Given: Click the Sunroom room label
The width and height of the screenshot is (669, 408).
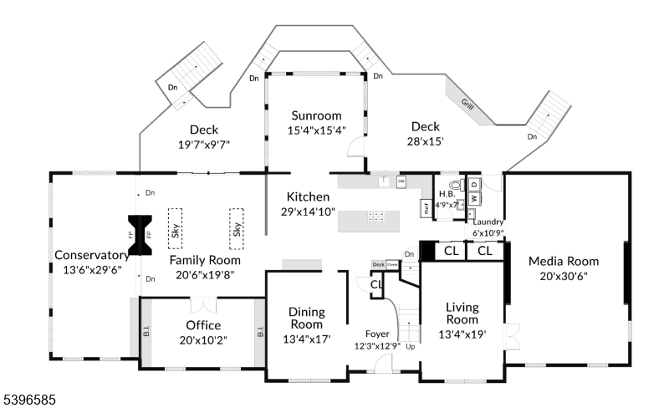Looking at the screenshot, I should click(x=317, y=115).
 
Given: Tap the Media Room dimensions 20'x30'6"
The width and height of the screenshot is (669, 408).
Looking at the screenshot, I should click(x=564, y=276).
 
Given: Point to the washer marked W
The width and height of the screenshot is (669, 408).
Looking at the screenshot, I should click(x=473, y=198).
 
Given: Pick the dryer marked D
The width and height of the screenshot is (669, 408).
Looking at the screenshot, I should click(x=473, y=183).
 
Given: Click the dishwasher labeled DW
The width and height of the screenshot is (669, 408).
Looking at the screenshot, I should click(x=401, y=181).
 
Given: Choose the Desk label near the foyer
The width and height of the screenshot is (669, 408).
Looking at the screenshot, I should click(x=378, y=264).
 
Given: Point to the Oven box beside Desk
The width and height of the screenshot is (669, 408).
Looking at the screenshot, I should click(x=391, y=265).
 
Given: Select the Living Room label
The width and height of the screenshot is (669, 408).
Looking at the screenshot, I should click(x=462, y=314).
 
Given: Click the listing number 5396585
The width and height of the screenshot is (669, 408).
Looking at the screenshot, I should click(x=28, y=400).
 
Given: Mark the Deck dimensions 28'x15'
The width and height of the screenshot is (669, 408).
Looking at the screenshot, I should click(x=425, y=141).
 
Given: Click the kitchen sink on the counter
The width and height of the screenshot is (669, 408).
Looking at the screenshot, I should click(x=383, y=181).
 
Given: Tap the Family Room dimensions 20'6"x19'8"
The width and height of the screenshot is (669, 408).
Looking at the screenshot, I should click(x=205, y=274).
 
